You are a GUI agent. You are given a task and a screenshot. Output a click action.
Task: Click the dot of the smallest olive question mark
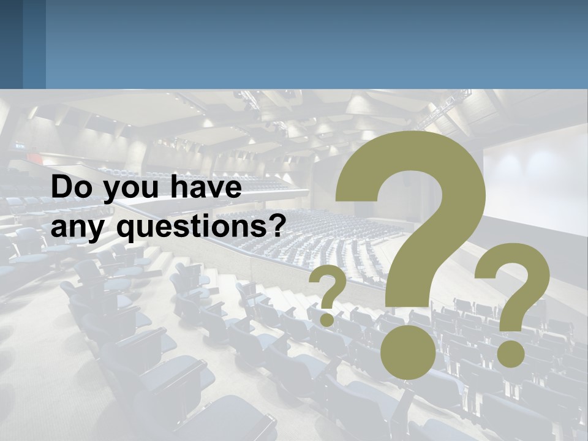[327, 319]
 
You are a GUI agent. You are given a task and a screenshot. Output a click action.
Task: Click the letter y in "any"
[103, 231]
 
